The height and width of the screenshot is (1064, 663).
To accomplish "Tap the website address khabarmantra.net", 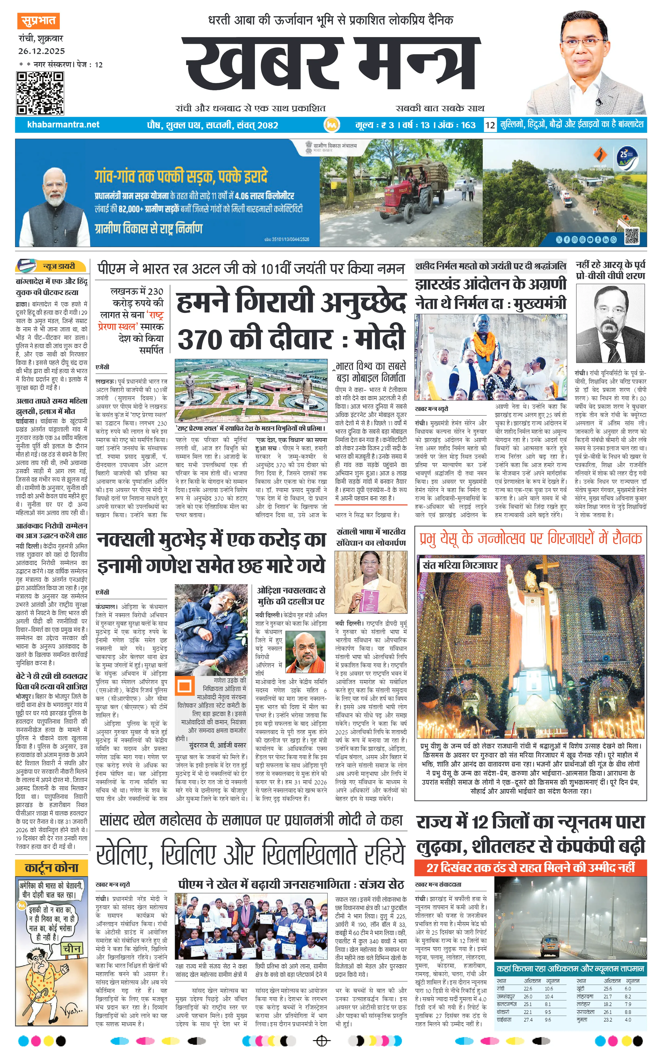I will [63, 124].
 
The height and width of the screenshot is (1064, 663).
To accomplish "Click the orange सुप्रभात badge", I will [38, 21].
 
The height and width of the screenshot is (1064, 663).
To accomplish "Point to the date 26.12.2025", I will [42, 51].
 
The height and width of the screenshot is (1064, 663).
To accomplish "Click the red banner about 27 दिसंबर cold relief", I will [530, 867].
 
